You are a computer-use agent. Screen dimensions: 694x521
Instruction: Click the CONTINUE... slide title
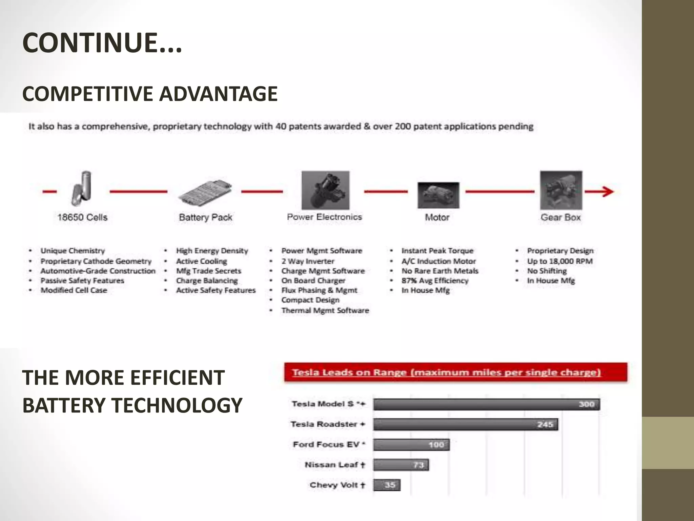(102, 43)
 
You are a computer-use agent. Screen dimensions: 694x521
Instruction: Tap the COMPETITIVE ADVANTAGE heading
(150, 94)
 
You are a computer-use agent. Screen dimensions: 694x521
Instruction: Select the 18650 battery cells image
(82, 189)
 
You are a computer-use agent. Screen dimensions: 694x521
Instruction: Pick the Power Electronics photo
(325, 190)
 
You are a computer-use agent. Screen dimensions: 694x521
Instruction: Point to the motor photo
(438, 195)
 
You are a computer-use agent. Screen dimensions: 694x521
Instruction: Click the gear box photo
(561, 190)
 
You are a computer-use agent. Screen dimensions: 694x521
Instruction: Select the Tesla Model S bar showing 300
(486, 404)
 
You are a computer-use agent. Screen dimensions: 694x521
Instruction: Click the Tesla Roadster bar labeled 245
(466, 424)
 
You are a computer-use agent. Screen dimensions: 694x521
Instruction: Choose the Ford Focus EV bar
(411, 445)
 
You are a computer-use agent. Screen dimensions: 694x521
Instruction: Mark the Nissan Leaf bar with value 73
(401, 465)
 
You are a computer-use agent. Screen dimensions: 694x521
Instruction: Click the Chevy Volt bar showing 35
(387, 485)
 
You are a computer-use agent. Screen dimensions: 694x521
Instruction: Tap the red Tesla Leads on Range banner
(455, 372)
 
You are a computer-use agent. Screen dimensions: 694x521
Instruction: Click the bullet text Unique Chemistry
(73, 251)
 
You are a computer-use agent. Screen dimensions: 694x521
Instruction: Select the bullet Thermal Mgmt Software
(325, 310)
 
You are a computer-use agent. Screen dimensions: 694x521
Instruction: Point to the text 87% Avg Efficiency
(435, 281)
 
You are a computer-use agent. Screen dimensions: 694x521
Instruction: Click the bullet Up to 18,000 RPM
(559, 261)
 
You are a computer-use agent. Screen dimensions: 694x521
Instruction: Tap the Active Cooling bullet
(201, 261)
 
